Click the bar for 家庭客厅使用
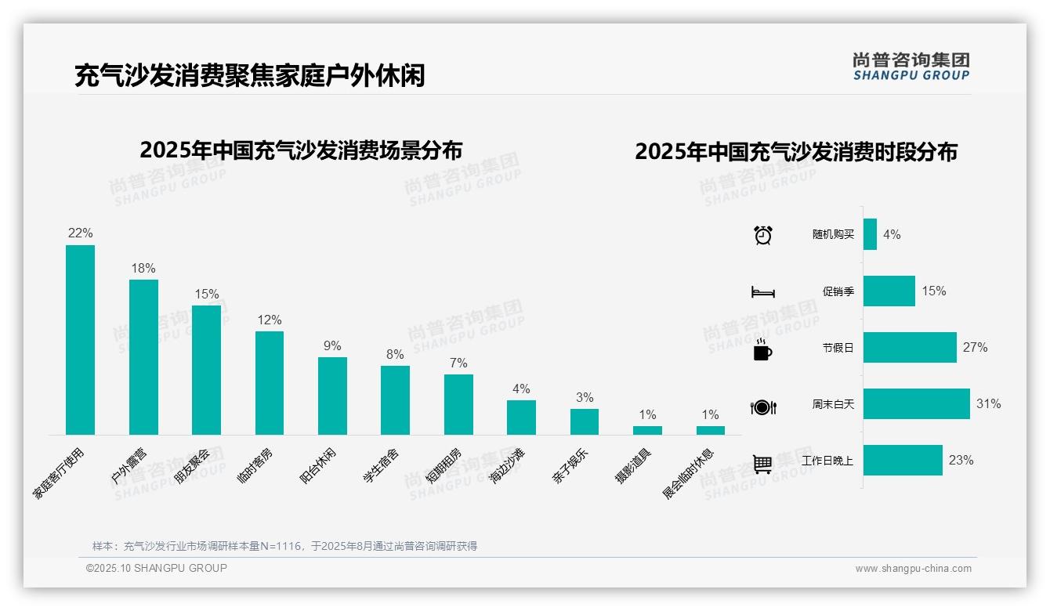[80, 340]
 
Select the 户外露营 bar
[143, 357]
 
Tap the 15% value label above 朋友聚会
[207, 295]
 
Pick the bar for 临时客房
[270, 383]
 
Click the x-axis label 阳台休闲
[319, 466]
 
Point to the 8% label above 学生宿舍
[395, 354]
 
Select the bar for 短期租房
[458, 404]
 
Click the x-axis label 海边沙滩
[508, 466]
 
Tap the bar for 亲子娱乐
[585, 421]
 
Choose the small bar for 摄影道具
[647, 430]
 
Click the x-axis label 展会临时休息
[689, 474]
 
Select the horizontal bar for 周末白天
[916, 404]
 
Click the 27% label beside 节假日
[975, 348]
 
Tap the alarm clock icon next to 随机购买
[762, 235]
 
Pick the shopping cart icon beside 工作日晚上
[762, 464]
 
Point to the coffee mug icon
[762, 350]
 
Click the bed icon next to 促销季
[762, 292]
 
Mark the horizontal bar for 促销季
[889, 291]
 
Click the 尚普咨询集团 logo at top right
[911, 67]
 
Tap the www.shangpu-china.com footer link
[913, 569]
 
